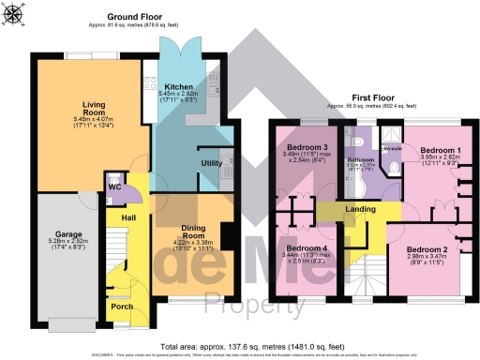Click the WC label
click(x=115, y=187)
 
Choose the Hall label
click(x=117, y=217)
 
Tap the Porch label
click(x=122, y=306)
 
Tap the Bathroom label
click(x=361, y=160)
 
